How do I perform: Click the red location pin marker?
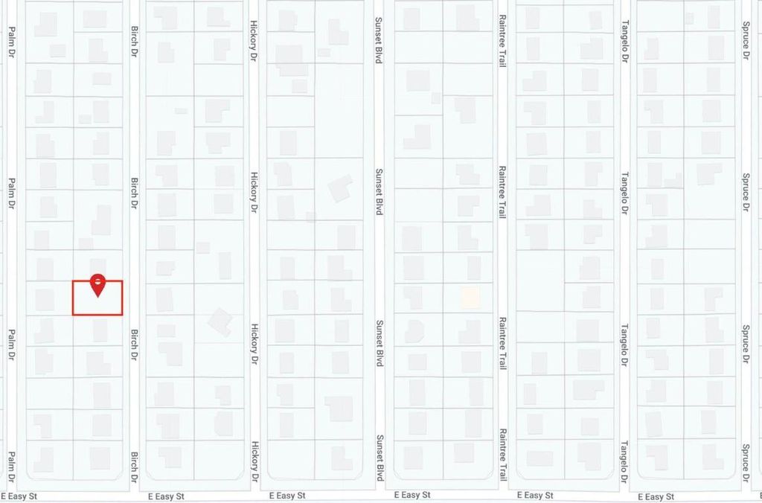point(97,284)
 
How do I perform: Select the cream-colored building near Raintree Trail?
point(470,298)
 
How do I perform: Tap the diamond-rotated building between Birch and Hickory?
point(220,321)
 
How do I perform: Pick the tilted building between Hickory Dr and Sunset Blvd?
point(340,188)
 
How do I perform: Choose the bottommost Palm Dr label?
point(12,465)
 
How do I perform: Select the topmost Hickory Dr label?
point(254,40)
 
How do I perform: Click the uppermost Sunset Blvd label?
point(379,40)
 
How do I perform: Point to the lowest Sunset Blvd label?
point(379,458)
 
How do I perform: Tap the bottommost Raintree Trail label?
point(503,455)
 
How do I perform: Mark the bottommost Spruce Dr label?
point(746,461)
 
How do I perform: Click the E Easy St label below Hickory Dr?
point(287,496)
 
